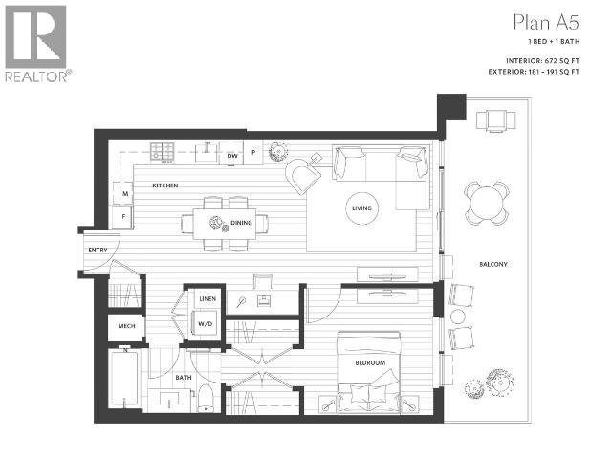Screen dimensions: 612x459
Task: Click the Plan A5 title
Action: pos(546,22)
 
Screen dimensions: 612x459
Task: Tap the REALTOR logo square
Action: pos(35,37)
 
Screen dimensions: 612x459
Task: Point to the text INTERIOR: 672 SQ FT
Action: pos(542,61)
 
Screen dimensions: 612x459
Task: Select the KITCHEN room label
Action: pos(165,186)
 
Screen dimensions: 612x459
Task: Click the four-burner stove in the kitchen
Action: pos(163,153)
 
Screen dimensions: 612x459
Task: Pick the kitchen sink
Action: pos(207,151)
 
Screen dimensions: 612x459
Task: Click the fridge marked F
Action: pos(122,217)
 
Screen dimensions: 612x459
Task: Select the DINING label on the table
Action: pos(241,223)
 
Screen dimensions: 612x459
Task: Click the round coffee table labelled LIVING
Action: pos(361,208)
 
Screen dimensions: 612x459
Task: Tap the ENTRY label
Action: pos(98,250)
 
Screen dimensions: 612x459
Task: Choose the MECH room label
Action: pos(126,326)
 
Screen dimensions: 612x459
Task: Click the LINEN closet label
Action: pos(208,299)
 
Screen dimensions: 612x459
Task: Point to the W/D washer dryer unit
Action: pos(206,323)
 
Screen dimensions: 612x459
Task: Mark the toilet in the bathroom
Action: pos(206,398)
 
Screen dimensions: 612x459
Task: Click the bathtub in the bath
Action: pos(124,379)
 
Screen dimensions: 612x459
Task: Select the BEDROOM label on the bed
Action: pos(370,363)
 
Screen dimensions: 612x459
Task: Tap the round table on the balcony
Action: pos(487,203)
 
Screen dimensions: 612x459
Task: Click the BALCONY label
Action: pos(493,264)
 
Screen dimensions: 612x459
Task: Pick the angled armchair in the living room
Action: pos(304,175)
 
